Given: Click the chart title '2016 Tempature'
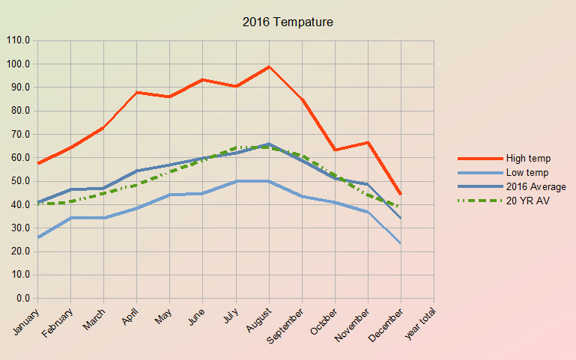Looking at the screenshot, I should click(x=288, y=22).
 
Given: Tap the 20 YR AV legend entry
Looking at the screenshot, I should click(x=528, y=201).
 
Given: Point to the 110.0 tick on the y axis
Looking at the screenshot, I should click(x=18, y=40).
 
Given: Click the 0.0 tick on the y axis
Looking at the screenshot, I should click(x=22, y=299).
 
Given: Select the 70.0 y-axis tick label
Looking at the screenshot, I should click(x=19, y=135).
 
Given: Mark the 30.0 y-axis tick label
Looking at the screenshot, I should click(x=19, y=228).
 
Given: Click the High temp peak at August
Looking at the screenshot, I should click(x=269, y=67).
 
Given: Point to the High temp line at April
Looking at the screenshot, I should click(x=136, y=92).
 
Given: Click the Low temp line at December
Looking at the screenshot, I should click(x=401, y=242).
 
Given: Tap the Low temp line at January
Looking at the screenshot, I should click(x=37, y=237).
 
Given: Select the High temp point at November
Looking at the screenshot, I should click(x=368, y=142).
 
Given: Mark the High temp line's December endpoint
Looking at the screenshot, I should click(x=401, y=194).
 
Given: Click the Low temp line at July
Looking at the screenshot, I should click(x=236, y=181).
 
